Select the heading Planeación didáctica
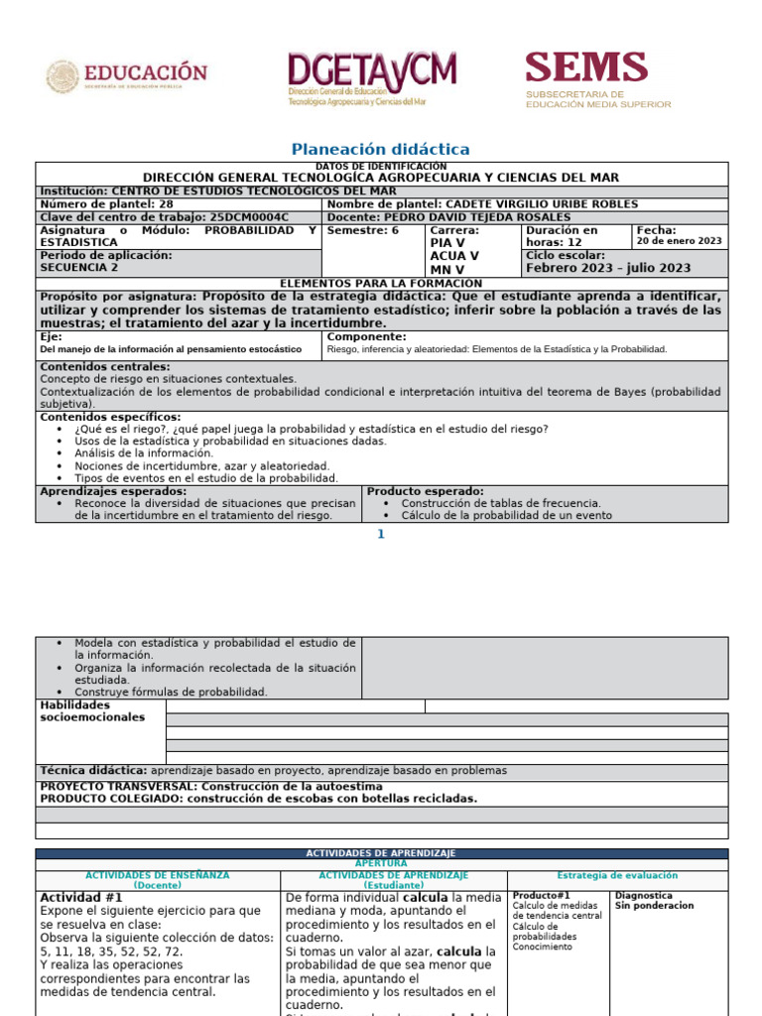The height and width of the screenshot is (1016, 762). pyautogui.click(x=380, y=149)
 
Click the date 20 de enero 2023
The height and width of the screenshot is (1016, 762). pyautogui.click(x=679, y=241)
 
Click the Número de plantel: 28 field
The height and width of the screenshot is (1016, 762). pyautogui.click(x=106, y=203)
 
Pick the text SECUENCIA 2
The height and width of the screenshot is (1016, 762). pyautogui.click(x=78, y=268)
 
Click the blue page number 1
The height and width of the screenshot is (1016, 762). pyautogui.click(x=379, y=535)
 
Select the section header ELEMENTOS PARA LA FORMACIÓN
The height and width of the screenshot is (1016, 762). pyautogui.click(x=381, y=283)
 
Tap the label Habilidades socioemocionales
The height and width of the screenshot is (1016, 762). pyautogui.click(x=91, y=711)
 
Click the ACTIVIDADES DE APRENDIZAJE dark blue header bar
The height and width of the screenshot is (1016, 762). pyautogui.click(x=381, y=853)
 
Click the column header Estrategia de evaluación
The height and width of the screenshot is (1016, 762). pyautogui.click(x=617, y=875)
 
